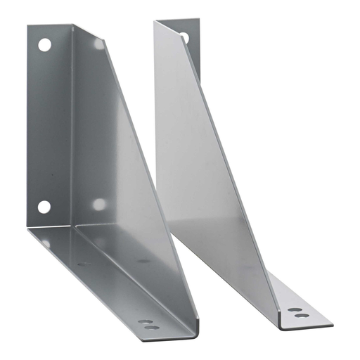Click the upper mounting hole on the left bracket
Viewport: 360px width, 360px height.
pyautogui.click(x=44, y=45)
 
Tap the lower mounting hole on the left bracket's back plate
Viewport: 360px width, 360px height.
pyautogui.click(x=44, y=207)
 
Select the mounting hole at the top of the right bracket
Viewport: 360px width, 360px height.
pyautogui.click(x=184, y=37)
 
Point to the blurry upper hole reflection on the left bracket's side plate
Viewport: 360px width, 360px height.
pyautogui.click(x=98, y=44)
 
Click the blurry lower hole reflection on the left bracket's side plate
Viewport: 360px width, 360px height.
pyautogui.click(x=99, y=204)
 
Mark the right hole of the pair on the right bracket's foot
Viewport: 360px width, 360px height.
pyautogui.click(x=302, y=315)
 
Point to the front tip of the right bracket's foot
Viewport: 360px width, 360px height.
pyautogui.click(x=330, y=324)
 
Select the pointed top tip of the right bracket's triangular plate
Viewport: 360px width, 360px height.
pyautogui.click(x=156, y=22)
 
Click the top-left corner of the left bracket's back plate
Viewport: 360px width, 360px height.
pyautogui.click(x=29, y=27)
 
